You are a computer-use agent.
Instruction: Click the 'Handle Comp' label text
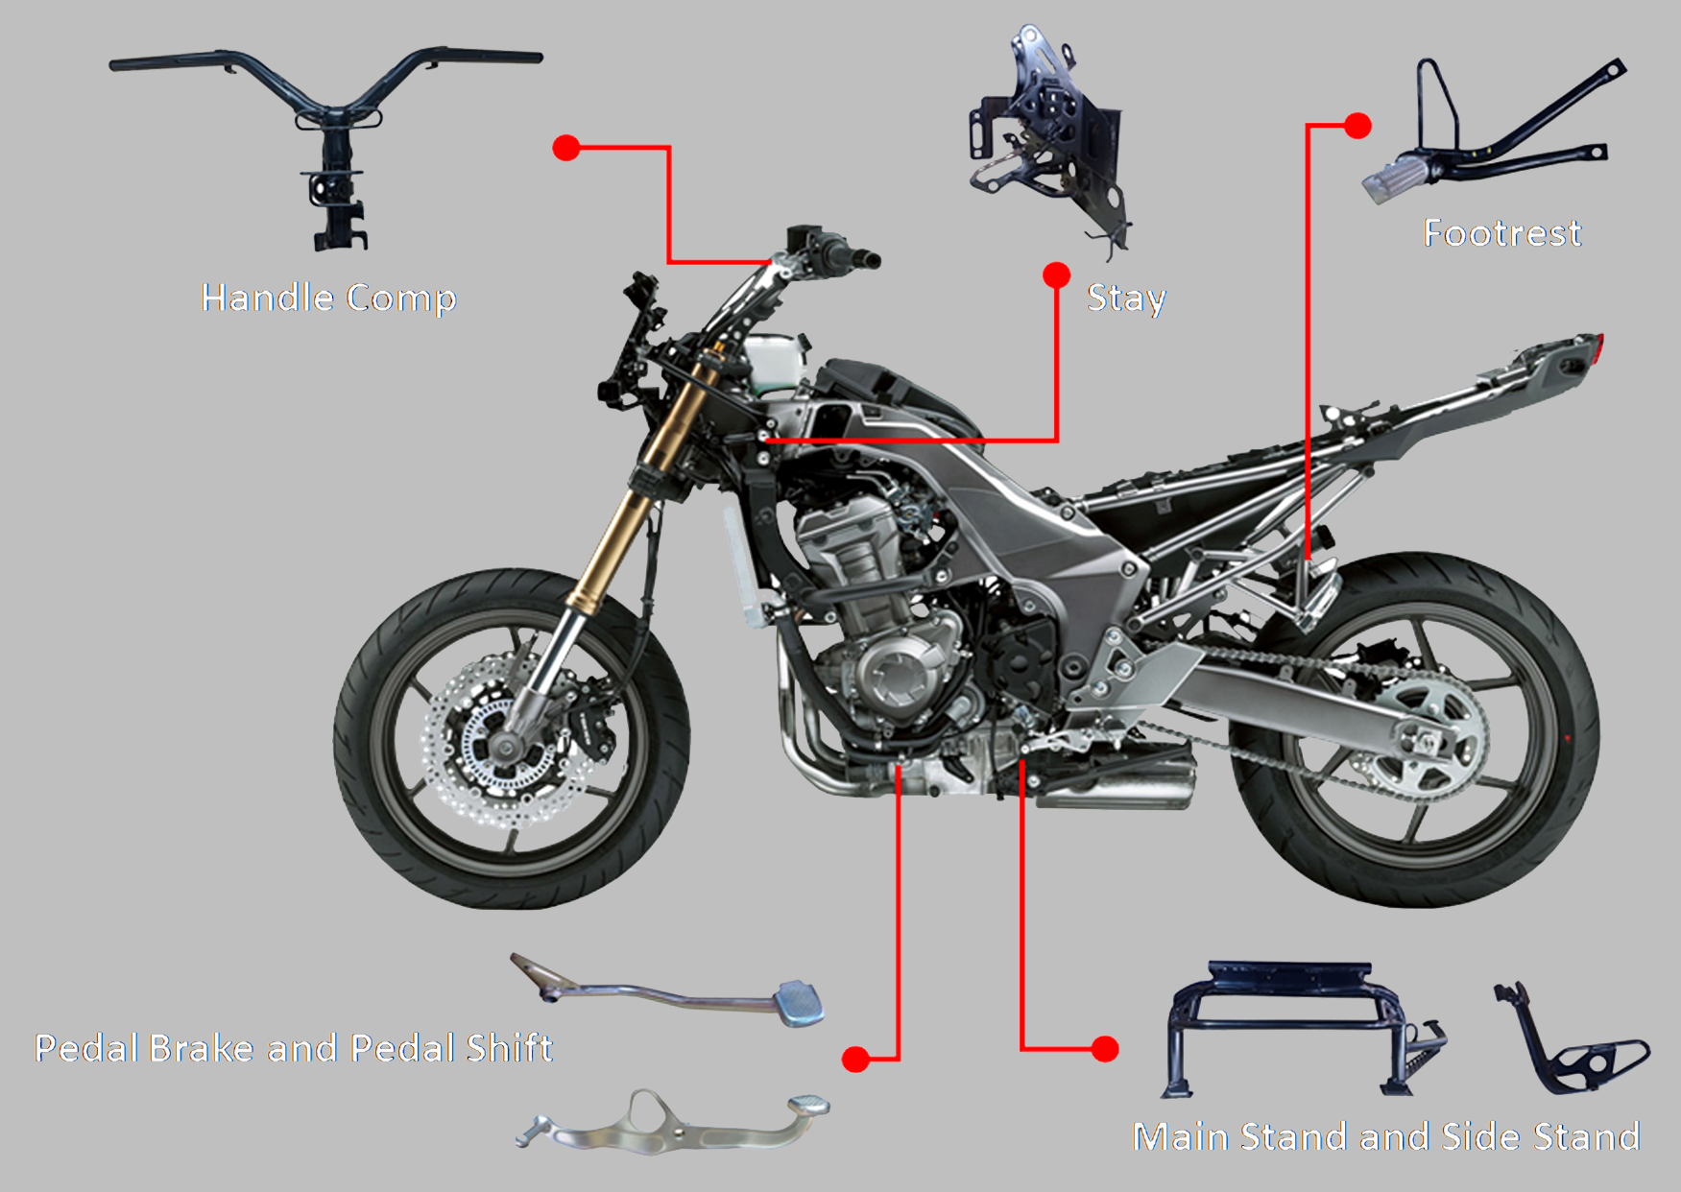click(328, 298)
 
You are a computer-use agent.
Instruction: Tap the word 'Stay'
click(1126, 298)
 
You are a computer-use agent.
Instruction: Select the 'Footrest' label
click(1501, 233)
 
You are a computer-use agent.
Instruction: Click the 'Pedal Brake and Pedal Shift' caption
click(294, 1048)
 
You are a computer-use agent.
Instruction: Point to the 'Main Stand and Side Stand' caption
click(1386, 1136)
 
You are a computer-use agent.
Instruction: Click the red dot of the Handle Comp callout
click(566, 148)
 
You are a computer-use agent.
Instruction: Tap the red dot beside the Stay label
click(1056, 275)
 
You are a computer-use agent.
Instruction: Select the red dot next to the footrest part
click(1357, 126)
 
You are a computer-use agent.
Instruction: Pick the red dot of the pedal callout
click(855, 1059)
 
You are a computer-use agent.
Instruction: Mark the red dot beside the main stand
click(1105, 1049)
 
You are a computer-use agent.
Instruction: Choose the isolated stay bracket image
click(1046, 134)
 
